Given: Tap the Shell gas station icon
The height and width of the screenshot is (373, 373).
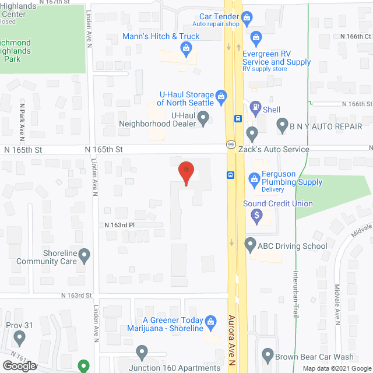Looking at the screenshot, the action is (x=255, y=107).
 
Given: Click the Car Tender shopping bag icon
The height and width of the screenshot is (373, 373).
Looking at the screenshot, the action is (x=247, y=18).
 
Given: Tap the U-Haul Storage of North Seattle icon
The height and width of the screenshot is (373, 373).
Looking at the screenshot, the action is (x=221, y=96).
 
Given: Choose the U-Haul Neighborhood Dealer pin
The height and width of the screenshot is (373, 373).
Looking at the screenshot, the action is (x=203, y=119).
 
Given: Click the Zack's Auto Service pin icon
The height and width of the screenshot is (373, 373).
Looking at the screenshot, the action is (x=252, y=133).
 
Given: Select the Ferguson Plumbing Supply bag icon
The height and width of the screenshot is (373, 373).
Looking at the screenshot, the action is (x=254, y=178).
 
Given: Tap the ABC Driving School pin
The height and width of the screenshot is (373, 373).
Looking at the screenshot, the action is (x=250, y=245).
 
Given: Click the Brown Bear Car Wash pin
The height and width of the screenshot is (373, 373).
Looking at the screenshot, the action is (x=268, y=354).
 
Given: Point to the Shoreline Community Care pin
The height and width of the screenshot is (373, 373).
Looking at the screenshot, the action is (x=84, y=255).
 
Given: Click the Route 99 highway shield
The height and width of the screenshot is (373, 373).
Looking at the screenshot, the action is (x=230, y=144).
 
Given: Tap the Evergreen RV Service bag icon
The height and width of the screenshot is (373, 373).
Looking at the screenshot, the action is (x=255, y=38).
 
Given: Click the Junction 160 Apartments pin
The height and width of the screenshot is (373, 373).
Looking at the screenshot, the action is (x=142, y=352).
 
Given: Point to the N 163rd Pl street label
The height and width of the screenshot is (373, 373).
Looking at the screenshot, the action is (x=119, y=225).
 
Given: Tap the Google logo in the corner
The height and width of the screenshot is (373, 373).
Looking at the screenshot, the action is (x=19, y=366).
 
